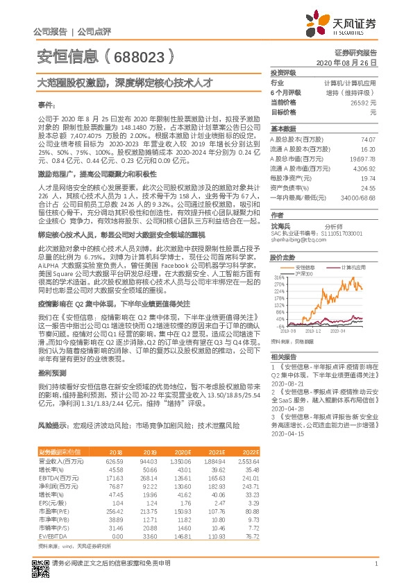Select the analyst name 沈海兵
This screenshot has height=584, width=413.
tap(280, 226)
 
